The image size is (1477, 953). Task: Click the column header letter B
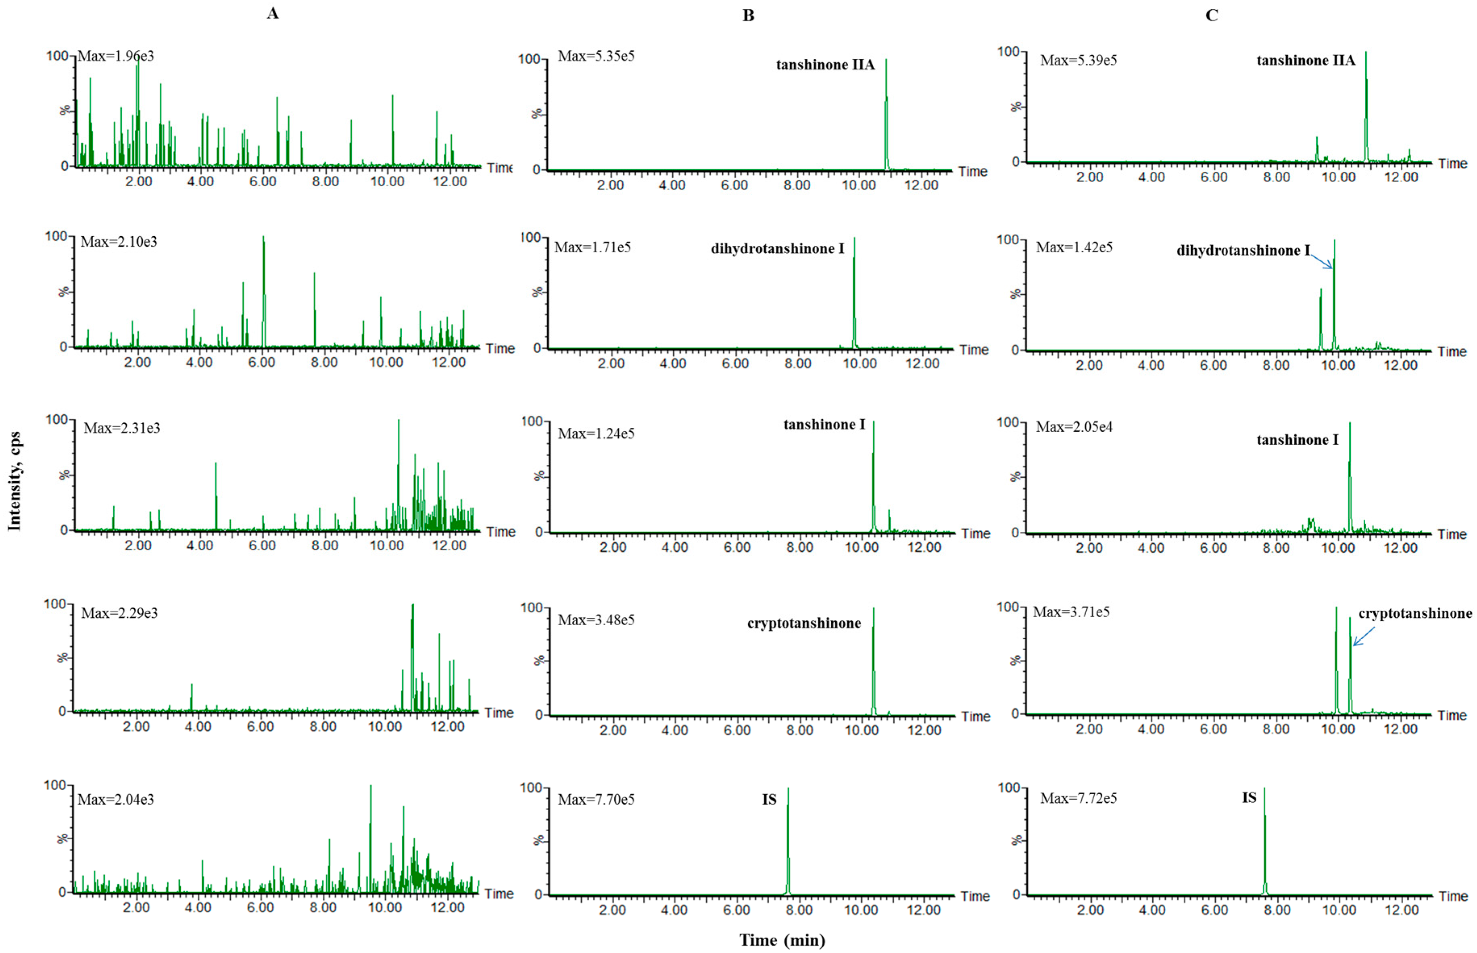coord(748,15)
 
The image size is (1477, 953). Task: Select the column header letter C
coord(1212,15)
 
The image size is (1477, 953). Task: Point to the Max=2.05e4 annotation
coord(1074,427)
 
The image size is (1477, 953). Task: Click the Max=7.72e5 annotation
coord(1079,798)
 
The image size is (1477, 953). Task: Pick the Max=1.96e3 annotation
coord(116,56)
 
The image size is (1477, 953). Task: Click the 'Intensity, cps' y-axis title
coord(14,481)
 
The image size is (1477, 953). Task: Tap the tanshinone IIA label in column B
coord(825,65)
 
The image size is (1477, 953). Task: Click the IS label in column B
coord(769,799)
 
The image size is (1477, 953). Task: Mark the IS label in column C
coord(1249,798)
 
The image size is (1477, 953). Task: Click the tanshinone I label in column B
coord(824,424)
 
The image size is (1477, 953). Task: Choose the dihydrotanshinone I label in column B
coord(777,249)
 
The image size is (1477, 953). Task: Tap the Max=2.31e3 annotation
coord(122,428)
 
